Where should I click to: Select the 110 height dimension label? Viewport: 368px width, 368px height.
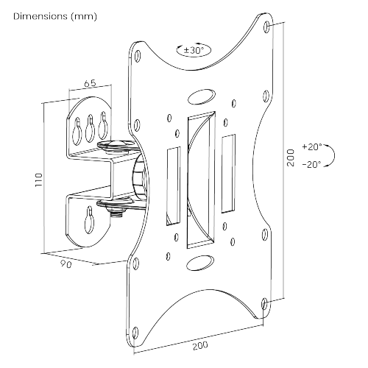coord(38,179)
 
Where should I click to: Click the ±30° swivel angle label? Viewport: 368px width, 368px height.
coord(194,51)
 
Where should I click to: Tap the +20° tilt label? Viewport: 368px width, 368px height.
coord(312,146)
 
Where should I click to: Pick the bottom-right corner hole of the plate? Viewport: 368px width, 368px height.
coord(266,302)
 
